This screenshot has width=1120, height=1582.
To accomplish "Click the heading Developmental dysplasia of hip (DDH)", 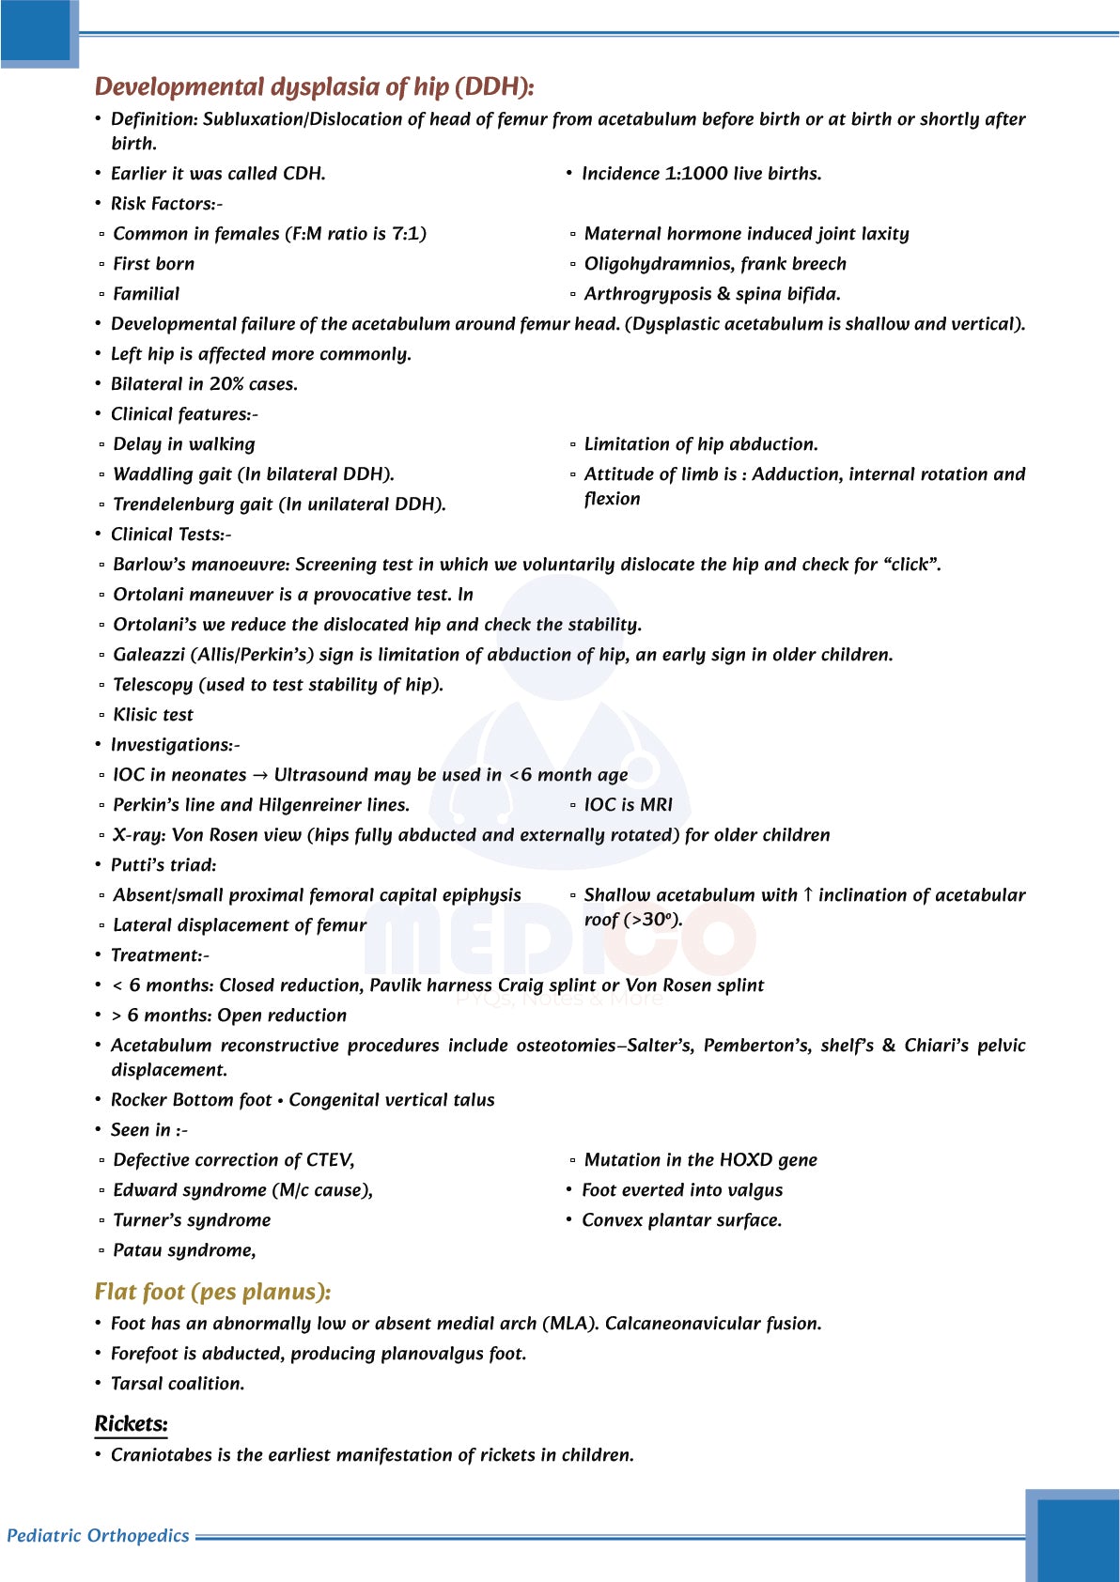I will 314,87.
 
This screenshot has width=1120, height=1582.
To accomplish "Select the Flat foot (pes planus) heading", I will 212,1292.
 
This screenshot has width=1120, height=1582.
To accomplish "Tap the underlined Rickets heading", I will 131,1423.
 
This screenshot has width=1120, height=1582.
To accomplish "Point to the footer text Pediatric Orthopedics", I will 98,1536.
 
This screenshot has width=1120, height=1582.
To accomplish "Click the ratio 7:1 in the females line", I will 408,234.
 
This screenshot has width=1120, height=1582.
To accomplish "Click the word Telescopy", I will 152,685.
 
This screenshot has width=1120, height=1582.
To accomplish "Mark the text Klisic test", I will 153,715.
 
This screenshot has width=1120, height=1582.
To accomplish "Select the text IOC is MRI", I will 628,805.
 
